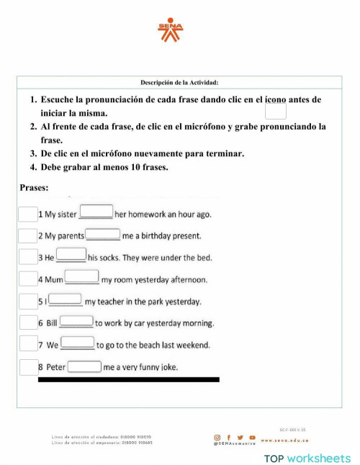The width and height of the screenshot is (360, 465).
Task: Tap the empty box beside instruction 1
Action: [276, 111]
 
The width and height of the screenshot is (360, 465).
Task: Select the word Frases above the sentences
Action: [35, 188]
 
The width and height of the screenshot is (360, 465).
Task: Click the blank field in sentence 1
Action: [96, 212]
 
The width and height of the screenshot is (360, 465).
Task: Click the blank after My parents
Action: [103, 234]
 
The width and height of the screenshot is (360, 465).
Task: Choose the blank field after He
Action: [71, 255]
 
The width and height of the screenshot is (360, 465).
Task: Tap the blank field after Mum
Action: [82, 277]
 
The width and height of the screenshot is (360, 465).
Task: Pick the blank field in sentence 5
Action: [66, 299]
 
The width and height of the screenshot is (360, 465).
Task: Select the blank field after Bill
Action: [76, 322]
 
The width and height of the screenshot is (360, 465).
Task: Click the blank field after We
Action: [78, 343]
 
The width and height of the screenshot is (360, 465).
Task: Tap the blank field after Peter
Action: [84, 366]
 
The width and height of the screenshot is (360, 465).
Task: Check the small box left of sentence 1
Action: [27, 214]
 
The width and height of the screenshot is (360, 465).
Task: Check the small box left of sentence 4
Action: [27, 279]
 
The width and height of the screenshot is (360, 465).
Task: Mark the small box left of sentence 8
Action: [27, 367]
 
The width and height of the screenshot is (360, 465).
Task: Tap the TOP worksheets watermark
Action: [307, 458]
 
